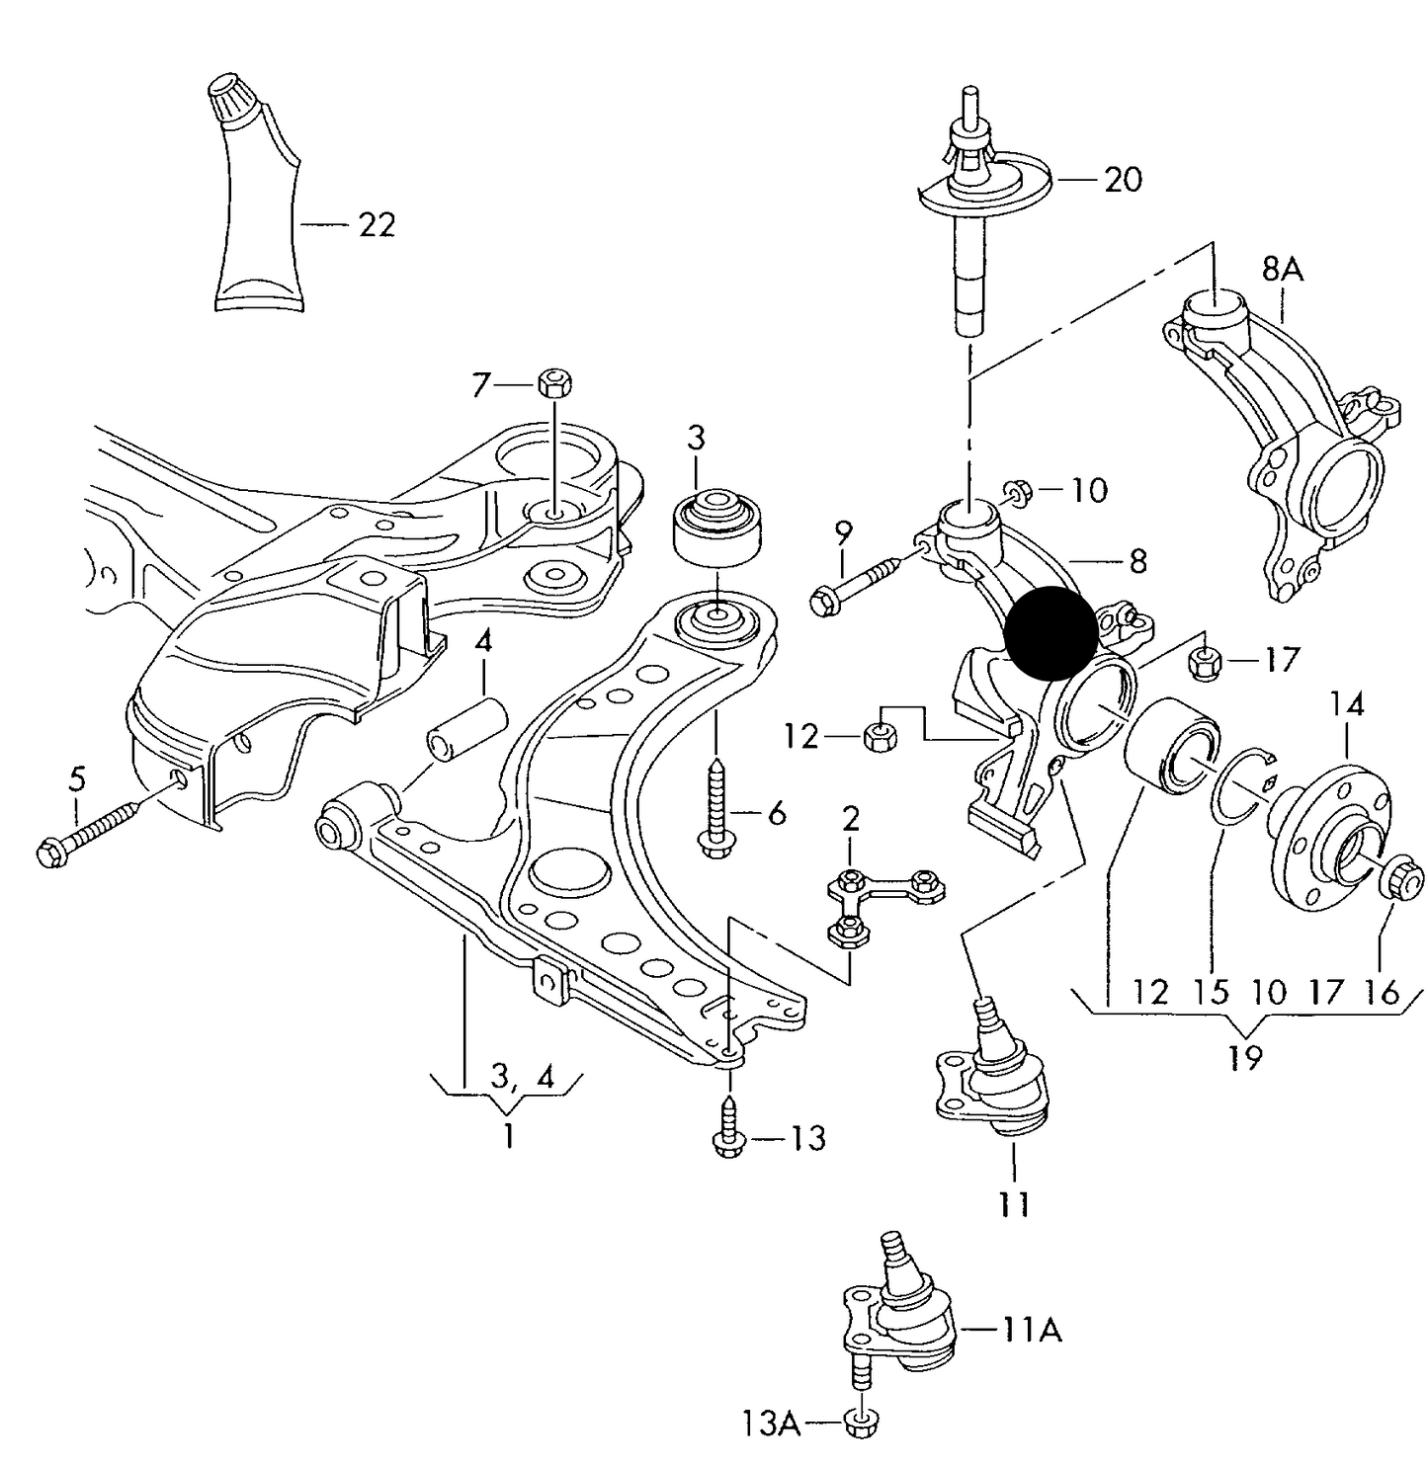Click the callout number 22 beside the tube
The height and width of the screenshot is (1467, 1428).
click(376, 225)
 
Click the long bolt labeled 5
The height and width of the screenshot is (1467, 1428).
click(94, 825)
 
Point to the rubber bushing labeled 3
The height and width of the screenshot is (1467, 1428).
click(717, 528)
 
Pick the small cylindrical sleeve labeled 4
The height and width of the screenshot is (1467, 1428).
click(466, 730)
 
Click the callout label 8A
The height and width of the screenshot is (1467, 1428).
click(1282, 269)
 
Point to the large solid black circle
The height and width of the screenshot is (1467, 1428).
click(1050, 634)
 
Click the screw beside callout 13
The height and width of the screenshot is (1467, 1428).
click(727, 1126)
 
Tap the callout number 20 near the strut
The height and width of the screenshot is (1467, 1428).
click(1122, 180)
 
